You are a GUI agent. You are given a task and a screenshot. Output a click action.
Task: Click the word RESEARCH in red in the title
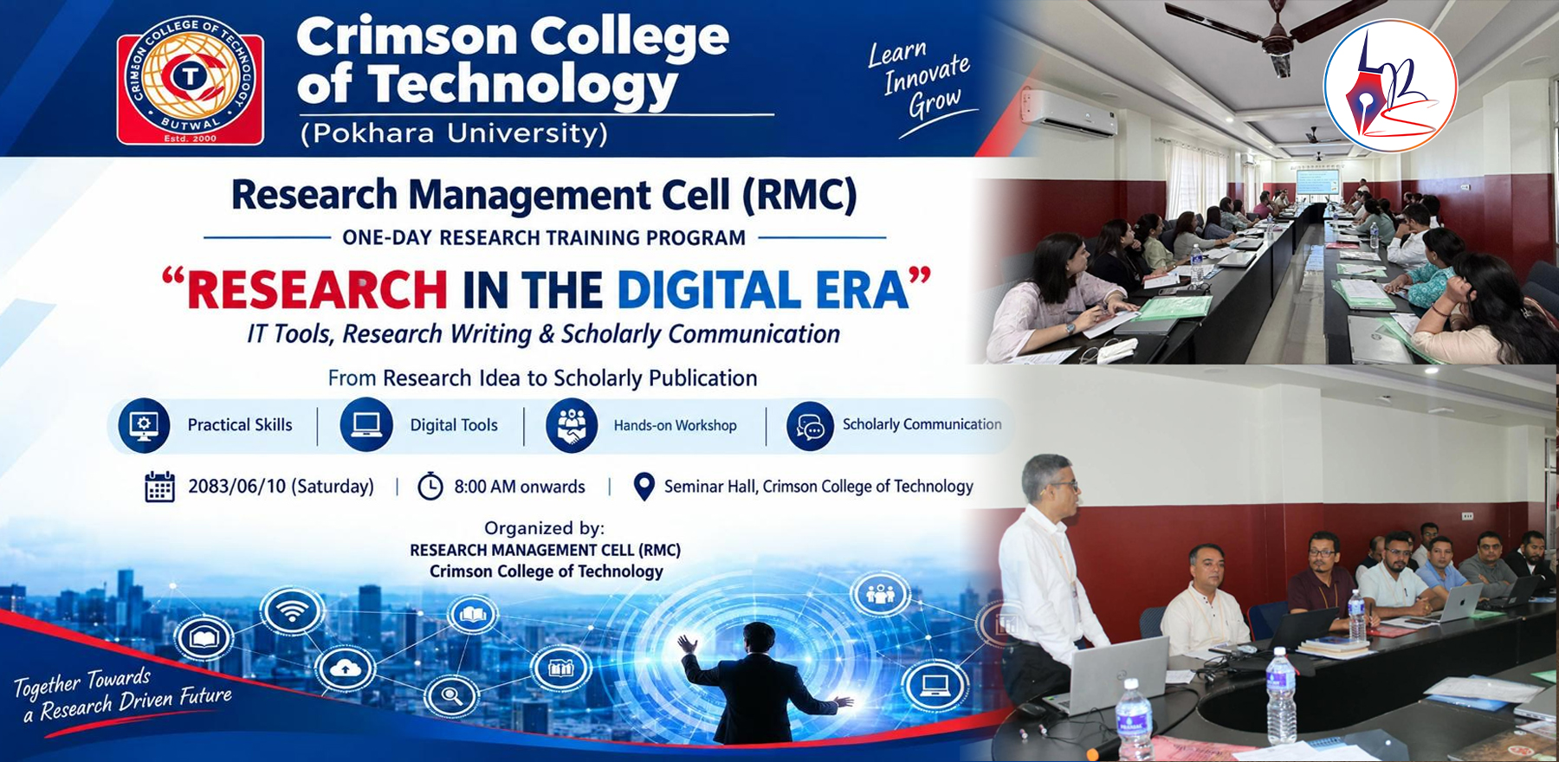[x=317, y=290]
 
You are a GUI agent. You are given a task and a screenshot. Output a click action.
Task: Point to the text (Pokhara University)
[x=454, y=133]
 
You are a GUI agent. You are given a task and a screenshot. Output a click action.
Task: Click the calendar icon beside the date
[x=159, y=487]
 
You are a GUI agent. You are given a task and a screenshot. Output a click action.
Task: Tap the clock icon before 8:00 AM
[x=430, y=487]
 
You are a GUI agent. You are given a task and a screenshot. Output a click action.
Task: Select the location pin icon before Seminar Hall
[x=644, y=487]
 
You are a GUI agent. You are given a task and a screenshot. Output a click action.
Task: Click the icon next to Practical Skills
[x=144, y=425]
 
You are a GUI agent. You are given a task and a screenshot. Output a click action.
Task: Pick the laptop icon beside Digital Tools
[x=366, y=424]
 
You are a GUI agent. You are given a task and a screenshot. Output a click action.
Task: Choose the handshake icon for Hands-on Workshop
[x=572, y=425]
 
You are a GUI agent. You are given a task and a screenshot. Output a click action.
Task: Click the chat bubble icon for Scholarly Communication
[x=811, y=425]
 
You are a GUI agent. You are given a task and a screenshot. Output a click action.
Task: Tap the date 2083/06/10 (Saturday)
[x=281, y=487]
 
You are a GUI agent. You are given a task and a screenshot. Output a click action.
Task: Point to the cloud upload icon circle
[x=345, y=668]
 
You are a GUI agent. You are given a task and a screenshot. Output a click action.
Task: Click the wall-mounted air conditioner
[x=1071, y=113]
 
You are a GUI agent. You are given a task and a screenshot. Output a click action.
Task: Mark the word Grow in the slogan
[x=935, y=102]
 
